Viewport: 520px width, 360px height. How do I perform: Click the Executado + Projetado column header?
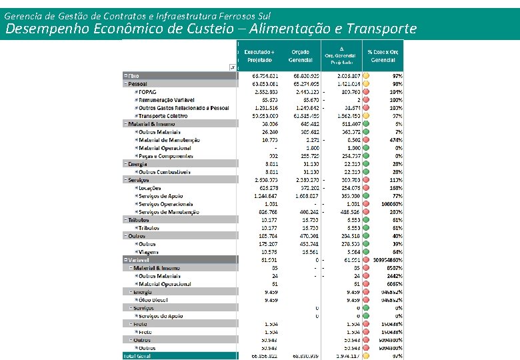point(259,55)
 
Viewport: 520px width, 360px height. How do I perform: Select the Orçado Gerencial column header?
point(300,55)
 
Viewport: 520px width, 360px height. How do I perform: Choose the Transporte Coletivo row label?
point(163,116)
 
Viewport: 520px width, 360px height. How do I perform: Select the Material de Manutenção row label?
point(169,140)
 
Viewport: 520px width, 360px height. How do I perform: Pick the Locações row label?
point(150,188)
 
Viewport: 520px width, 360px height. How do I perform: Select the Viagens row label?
point(149,252)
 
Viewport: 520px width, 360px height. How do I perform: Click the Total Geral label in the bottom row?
point(138,356)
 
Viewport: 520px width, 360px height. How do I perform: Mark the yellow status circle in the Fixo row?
point(365,76)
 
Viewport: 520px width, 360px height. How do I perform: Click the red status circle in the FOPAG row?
point(365,92)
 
